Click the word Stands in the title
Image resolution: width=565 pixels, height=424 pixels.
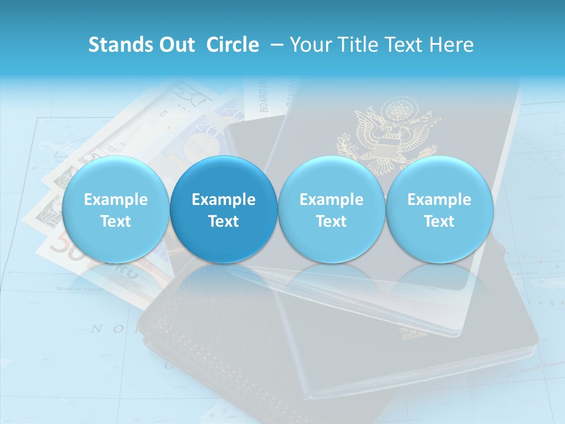click(116, 45)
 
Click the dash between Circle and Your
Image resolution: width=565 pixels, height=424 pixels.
click(277, 45)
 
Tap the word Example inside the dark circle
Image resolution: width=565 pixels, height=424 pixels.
click(224, 200)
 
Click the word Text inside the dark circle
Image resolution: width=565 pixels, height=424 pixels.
click(224, 221)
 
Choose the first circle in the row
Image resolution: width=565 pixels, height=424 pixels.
click(116, 209)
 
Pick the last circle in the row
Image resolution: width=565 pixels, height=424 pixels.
click(440, 209)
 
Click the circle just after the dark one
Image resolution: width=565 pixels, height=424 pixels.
click(331, 209)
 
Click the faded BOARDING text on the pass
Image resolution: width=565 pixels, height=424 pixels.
click(264, 97)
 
